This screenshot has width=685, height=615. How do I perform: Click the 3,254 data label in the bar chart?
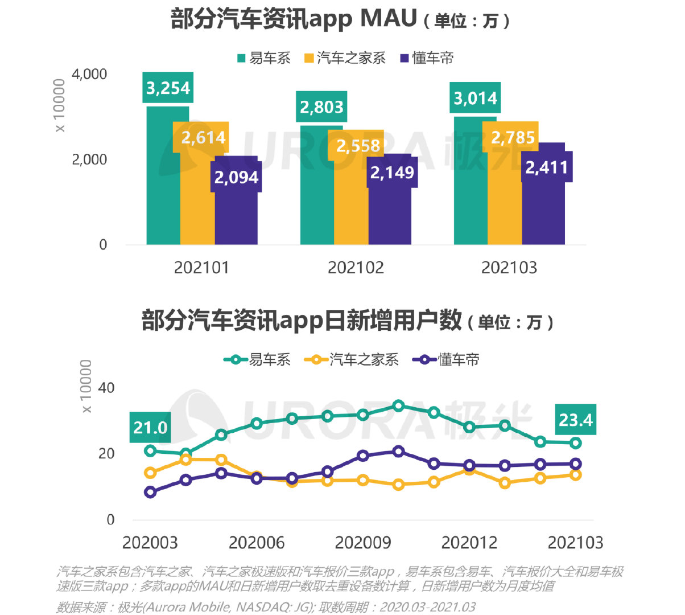click(168, 88)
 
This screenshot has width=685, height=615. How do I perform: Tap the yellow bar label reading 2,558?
click(358, 146)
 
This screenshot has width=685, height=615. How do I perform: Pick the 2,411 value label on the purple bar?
click(546, 167)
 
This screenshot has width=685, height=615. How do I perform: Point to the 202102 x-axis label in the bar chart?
click(356, 268)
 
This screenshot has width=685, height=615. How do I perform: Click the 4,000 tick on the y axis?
click(89, 74)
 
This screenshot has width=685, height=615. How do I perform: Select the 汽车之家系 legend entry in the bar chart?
click(345, 58)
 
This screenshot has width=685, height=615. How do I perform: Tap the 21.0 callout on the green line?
click(150, 427)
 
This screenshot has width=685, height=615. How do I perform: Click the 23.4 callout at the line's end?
click(575, 420)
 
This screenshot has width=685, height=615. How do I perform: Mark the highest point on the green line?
click(398, 406)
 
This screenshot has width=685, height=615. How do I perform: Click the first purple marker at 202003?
click(150, 492)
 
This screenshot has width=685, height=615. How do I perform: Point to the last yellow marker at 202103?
click(575, 474)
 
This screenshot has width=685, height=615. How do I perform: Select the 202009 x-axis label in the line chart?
click(362, 542)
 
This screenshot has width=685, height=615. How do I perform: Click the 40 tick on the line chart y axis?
click(106, 388)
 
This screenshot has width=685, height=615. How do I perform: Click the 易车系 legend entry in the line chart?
click(258, 360)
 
